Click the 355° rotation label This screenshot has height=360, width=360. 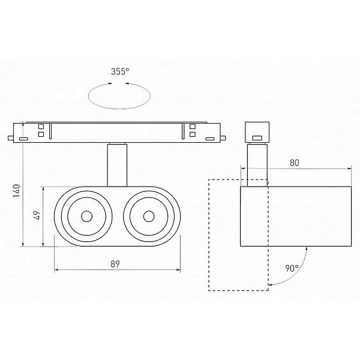[120, 71]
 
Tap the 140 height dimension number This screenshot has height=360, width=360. [17, 191]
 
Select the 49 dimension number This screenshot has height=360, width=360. [37, 215]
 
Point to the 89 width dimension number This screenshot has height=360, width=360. [115, 264]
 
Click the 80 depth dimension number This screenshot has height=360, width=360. [295, 163]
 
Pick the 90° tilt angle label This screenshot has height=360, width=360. [292, 268]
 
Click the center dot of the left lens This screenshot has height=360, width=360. [87, 216]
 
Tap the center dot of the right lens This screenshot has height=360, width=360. [149, 216]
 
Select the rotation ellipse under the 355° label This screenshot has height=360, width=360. [119, 109]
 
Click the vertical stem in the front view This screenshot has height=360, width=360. [117, 164]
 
